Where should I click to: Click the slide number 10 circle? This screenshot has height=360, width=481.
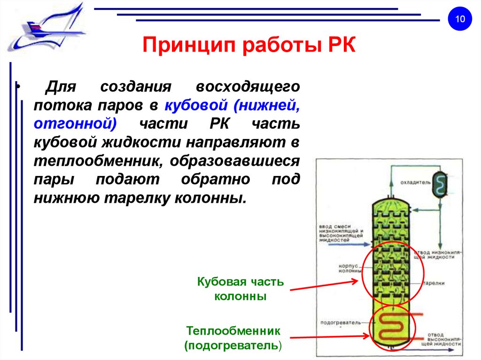click(459, 19)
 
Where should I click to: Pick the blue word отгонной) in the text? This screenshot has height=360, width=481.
click(75, 124)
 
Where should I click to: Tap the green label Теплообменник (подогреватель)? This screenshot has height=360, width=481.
click(233, 338)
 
